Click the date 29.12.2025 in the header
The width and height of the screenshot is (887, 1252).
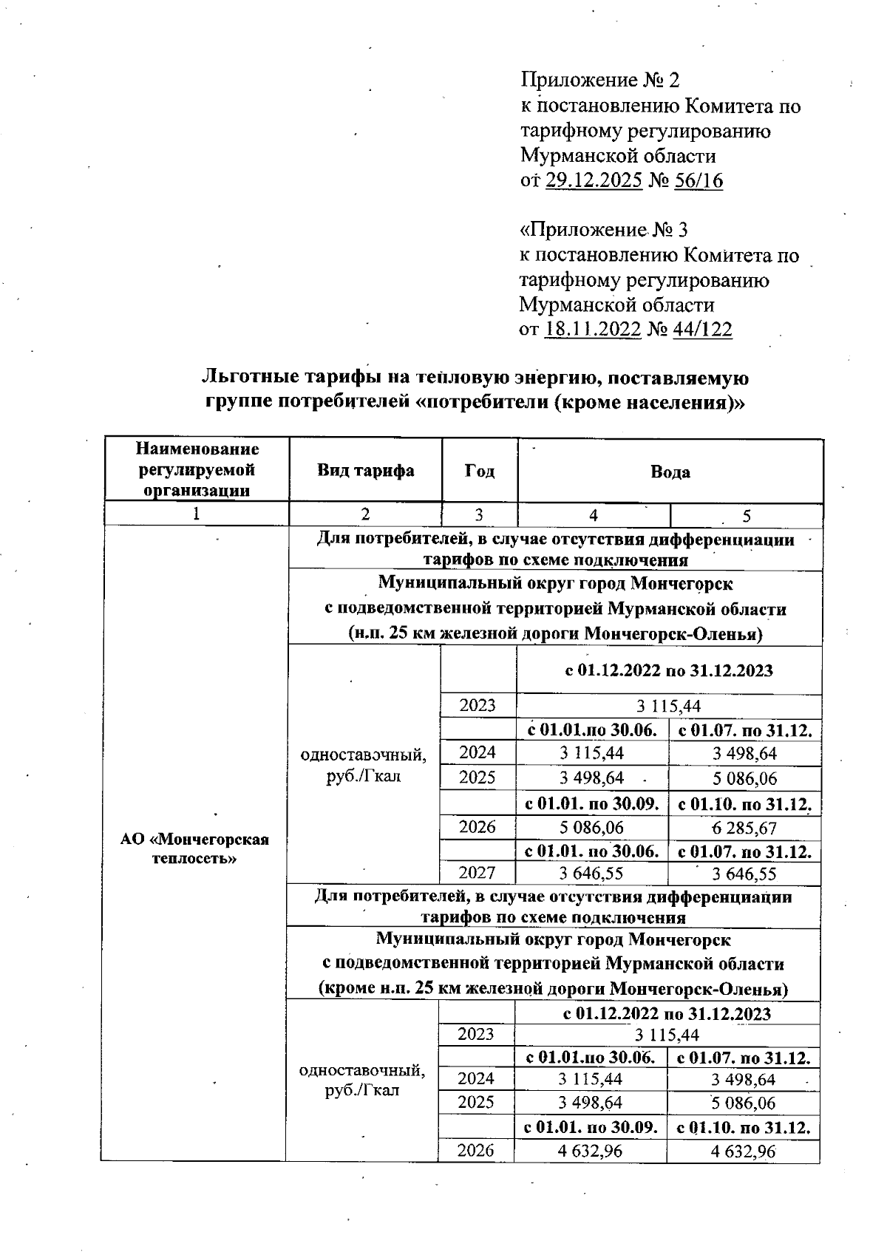(x=594, y=181)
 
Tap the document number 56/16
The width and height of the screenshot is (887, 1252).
(x=699, y=181)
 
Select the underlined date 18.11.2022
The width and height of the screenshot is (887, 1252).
(x=592, y=330)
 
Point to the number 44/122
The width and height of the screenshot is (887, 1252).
(x=702, y=330)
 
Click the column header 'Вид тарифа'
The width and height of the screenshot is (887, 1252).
(x=365, y=471)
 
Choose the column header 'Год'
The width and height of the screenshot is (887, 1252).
(x=480, y=471)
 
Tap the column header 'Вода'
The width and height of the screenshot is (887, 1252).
(x=670, y=472)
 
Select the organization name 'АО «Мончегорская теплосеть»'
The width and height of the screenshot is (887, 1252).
(x=194, y=848)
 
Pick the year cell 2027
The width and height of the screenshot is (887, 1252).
(x=478, y=873)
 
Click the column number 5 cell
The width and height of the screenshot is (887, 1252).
(x=747, y=516)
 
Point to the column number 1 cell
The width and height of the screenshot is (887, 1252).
(x=196, y=515)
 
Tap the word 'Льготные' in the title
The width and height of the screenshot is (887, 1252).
(x=250, y=378)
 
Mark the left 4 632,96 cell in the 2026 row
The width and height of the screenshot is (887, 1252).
(x=591, y=1151)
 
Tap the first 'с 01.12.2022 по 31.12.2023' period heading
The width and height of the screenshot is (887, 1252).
(x=669, y=671)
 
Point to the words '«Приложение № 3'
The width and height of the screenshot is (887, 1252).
(x=604, y=230)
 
